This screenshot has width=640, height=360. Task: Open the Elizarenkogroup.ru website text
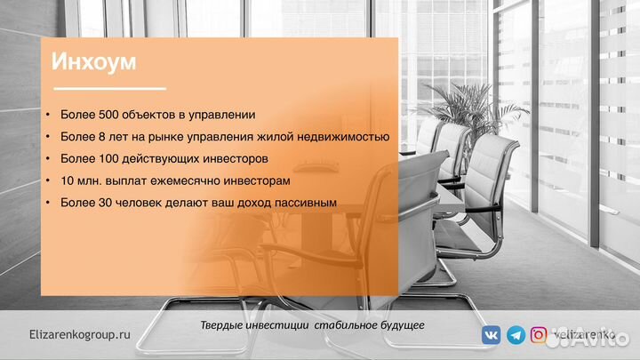click(79, 334)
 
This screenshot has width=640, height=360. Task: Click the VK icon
click(491, 335)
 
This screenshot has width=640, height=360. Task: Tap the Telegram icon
click(515, 335)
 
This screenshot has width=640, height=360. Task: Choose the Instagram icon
click(539, 335)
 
